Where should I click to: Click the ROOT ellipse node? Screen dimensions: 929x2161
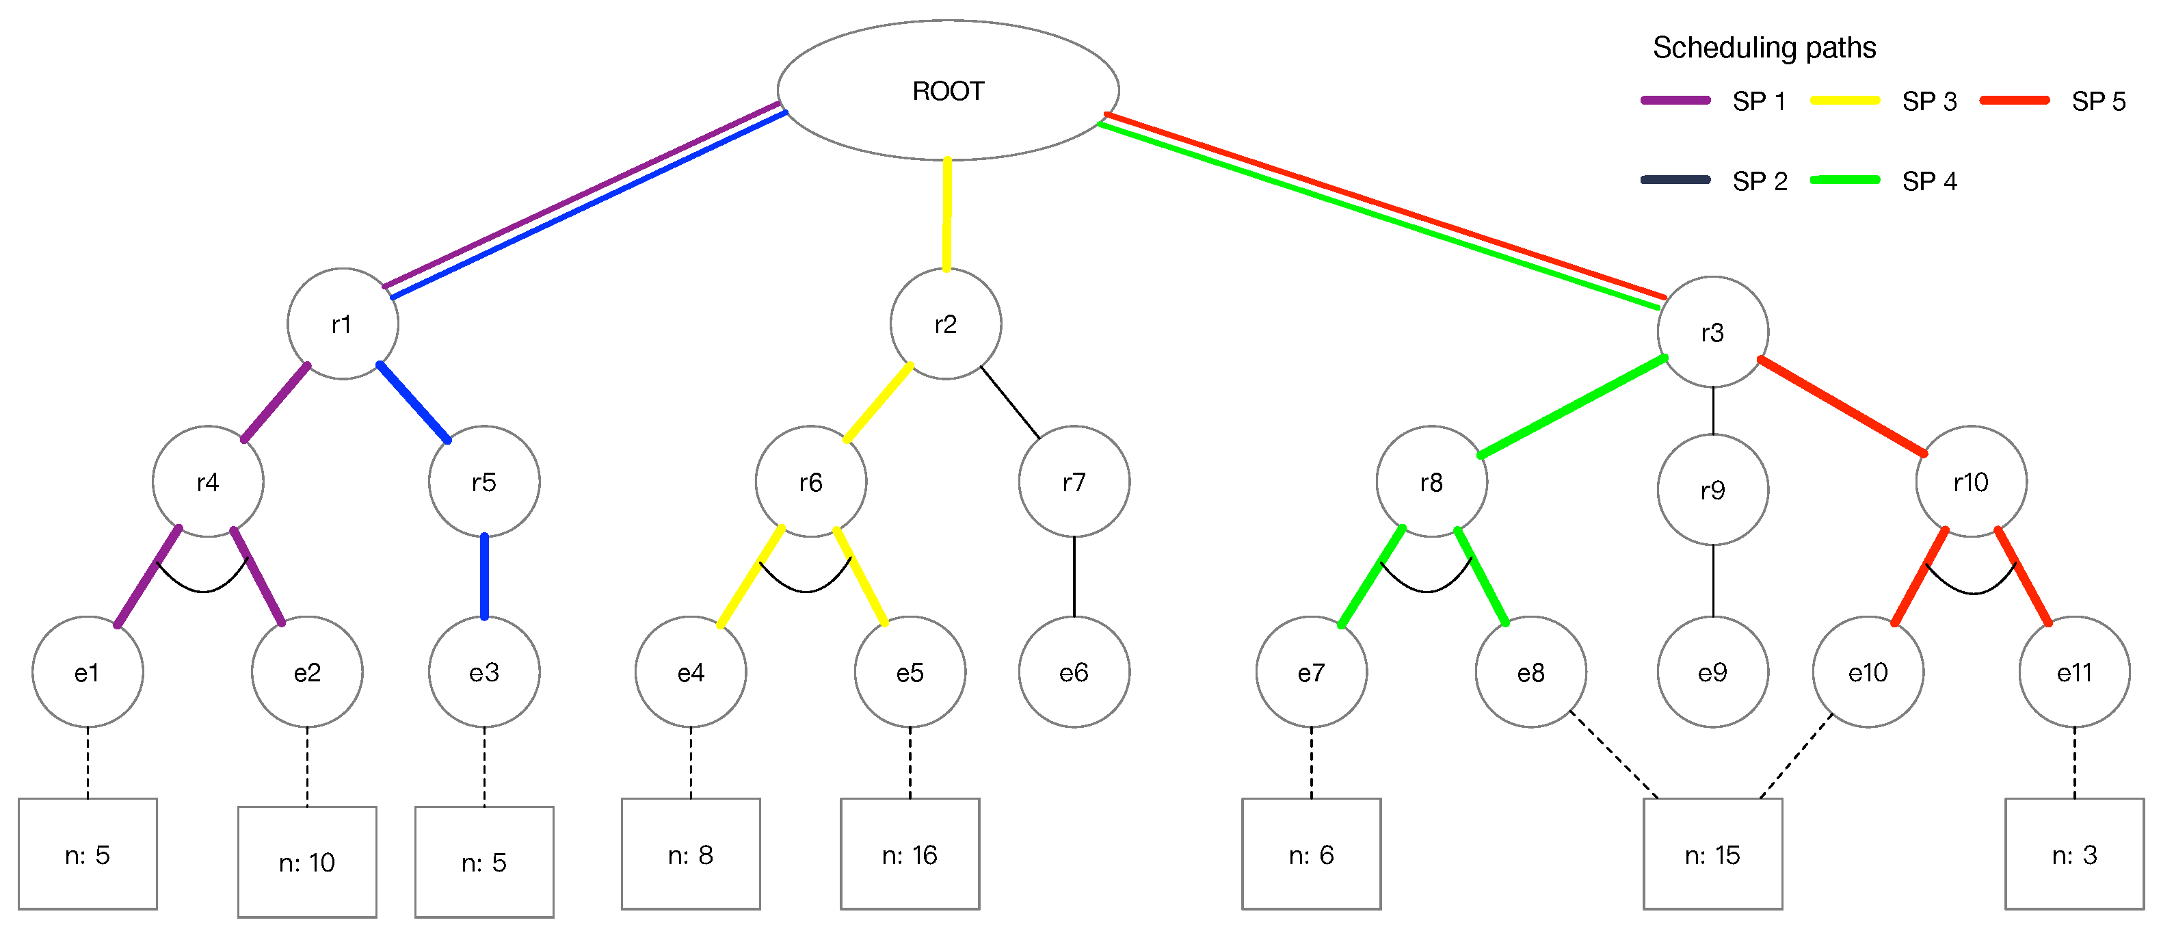pos(948,90)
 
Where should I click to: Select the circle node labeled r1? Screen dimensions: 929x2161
pos(342,324)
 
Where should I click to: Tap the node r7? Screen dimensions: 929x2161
pos(1074,482)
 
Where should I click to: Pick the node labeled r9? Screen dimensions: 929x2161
pos(1712,490)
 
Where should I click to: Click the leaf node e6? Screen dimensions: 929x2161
pos(1074,672)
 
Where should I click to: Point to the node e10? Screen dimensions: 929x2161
pos(1868,672)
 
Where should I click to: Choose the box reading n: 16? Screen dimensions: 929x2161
pos(910,854)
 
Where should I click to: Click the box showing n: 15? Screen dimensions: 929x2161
pos(1712,854)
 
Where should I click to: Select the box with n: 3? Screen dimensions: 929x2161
pos(2073,854)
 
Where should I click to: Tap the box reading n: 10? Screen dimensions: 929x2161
pos(307,862)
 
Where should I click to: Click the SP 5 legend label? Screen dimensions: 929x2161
pos(2098,101)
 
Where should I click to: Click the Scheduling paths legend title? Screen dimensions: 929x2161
pos(1764,48)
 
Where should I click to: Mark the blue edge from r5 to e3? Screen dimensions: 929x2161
pos(484,577)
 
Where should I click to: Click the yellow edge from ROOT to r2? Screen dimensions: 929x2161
pos(947,214)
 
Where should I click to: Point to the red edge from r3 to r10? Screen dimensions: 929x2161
pos(1842,407)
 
